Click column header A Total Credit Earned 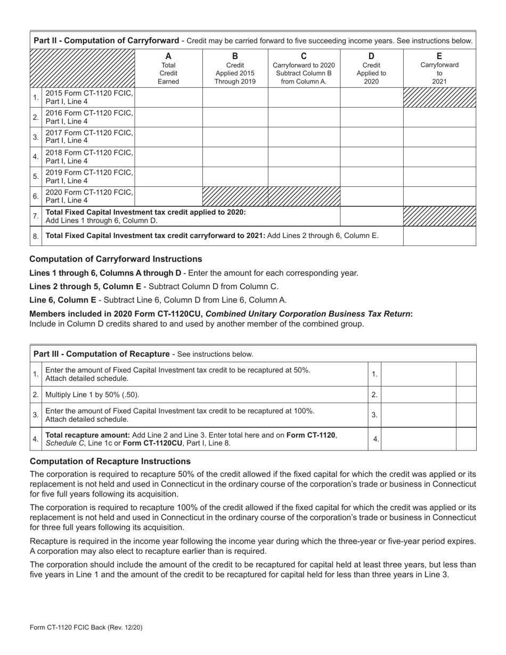[168, 69]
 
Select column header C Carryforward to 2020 [304, 69]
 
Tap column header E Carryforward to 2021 [439, 69]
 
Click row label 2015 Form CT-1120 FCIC [88, 97]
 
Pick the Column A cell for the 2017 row [168, 137]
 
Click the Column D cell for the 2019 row [371, 176]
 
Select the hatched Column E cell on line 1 [439, 97]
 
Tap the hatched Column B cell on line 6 [235, 196]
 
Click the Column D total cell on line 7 [371, 216]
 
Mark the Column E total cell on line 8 [439, 236]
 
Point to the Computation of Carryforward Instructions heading [116, 259]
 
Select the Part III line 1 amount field [419, 374]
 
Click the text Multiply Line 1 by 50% [93, 395]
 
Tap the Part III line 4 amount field [419, 439]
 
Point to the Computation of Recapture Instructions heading [110, 461]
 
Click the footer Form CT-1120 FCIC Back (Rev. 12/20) [86, 627]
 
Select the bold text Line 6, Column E [63, 300]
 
